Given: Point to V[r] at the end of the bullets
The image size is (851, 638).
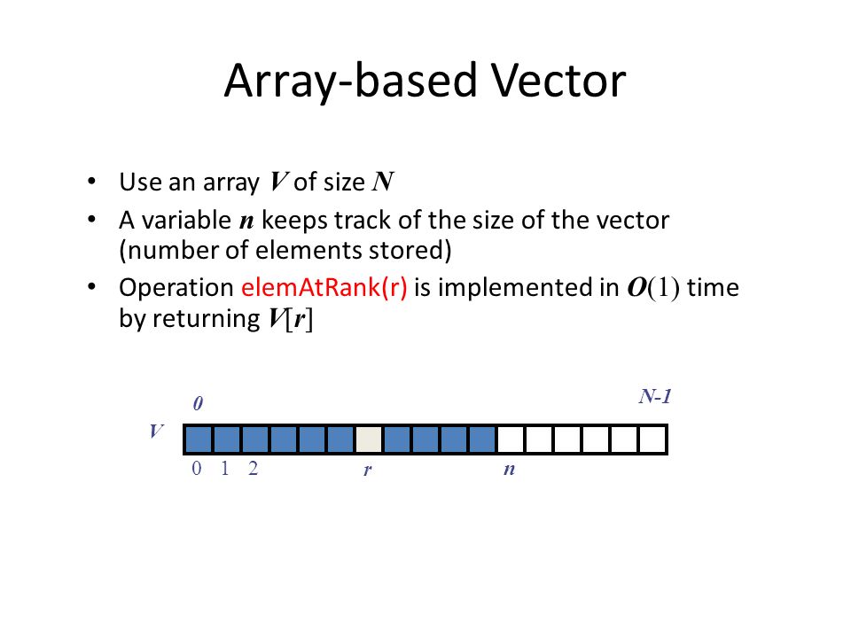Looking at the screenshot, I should [x=285, y=320].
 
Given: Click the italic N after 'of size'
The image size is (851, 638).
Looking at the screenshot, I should [x=383, y=183].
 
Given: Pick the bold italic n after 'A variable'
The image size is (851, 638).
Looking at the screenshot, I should [x=248, y=220].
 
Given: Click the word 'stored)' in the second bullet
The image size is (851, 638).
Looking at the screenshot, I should [x=413, y=250].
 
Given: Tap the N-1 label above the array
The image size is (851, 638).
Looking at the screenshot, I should [x=655, y=396].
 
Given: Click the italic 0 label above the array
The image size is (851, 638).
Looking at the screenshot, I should [x=199, y=404].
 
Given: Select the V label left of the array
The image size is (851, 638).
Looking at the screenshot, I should [x=156, y=432].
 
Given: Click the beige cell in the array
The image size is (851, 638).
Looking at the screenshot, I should [x=369, y=439].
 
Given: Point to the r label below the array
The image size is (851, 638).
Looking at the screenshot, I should [x=367, y=471].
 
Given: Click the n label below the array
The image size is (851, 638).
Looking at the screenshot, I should [x=509, y=470].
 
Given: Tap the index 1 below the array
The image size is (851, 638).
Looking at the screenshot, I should [x=225, y=470].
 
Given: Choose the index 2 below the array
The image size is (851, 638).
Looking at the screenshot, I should [x=254, y=470].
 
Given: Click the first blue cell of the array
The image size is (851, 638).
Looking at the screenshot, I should [x=199, y=439].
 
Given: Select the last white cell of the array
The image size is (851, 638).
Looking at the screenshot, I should [x=652, y=439].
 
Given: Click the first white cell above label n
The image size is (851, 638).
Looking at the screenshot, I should [x=511, y=439].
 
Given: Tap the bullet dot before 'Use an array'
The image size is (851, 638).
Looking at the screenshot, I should [x=92, y=183].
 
